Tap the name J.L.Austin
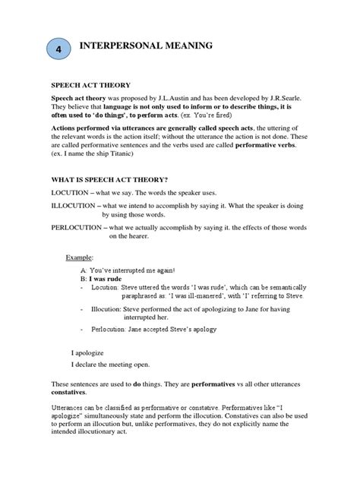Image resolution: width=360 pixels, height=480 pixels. tap(193, 100)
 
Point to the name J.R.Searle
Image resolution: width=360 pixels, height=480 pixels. tap(315, 100)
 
